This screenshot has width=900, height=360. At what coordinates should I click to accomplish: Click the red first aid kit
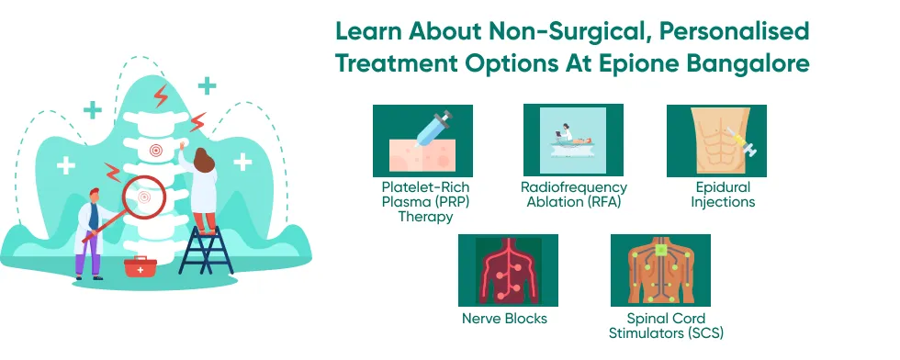click(x=140, y=267)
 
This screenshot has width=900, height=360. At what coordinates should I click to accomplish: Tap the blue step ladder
click(x=206, y=250)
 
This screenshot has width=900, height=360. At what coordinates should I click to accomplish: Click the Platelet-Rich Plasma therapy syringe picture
click(x=423, y=141)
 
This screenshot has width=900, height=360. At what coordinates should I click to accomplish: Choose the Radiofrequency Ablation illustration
click(x=573, y=141)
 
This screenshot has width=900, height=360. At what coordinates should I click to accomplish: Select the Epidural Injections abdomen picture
click(x=716, y=141)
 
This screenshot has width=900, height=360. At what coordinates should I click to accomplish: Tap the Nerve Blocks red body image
click(x=508, y=270)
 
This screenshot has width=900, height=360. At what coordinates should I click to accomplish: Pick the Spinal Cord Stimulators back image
click(x=660, y=270)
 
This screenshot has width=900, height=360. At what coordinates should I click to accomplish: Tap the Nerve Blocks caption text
click(x=504, y=318)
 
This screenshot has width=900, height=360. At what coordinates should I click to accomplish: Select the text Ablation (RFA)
click(x=574, y=201)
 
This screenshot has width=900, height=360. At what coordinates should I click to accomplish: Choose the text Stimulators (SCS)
click(x=666, y=332)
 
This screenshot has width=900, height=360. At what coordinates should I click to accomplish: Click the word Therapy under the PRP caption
click(x=425, y=217)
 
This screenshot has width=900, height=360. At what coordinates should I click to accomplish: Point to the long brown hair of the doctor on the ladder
click(x=203, y=160)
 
